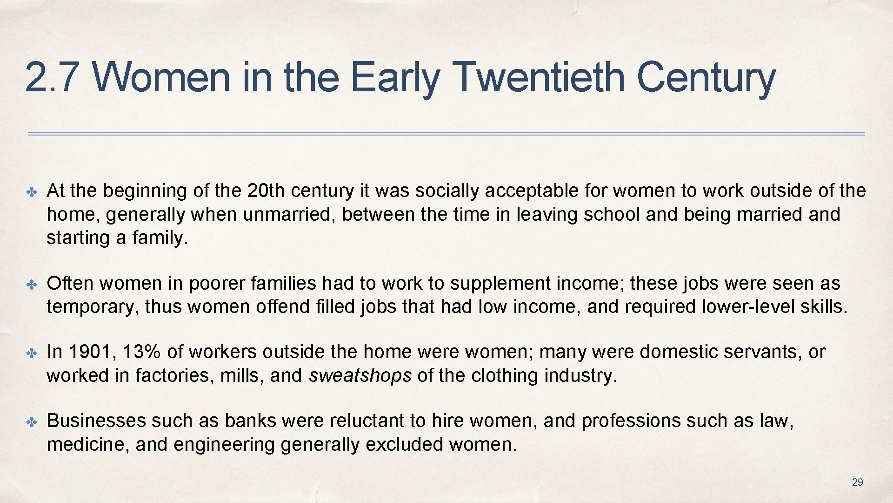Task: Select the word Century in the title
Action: point(706,78)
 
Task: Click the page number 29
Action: point(857,483)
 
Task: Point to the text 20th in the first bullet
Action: point(266,190)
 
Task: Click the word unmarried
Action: point(289,214)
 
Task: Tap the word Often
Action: point(70,283)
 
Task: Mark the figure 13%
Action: point(142,352)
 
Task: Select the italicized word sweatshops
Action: point(360,375)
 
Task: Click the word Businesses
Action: point(96,421)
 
